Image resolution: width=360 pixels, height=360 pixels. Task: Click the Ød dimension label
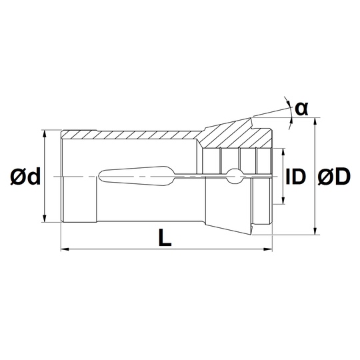(x=25, y=176)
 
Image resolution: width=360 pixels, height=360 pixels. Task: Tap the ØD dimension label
(x=334, y=176)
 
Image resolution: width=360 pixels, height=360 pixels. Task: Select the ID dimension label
(x=296, y=176)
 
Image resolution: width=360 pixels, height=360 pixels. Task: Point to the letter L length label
(x=165, y=237)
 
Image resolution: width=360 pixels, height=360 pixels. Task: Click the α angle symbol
(x=301, y=109)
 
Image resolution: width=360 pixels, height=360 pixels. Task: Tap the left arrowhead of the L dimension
(x=65, y=249)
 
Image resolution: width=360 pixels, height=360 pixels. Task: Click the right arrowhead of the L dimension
(x=268, y=249)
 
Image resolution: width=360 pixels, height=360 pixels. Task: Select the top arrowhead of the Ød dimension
(x=45, y=134)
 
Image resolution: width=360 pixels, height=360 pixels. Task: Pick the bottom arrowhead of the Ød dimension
(x=45, y=218)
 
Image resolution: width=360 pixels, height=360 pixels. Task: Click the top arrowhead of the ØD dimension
(x=316, y=122)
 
